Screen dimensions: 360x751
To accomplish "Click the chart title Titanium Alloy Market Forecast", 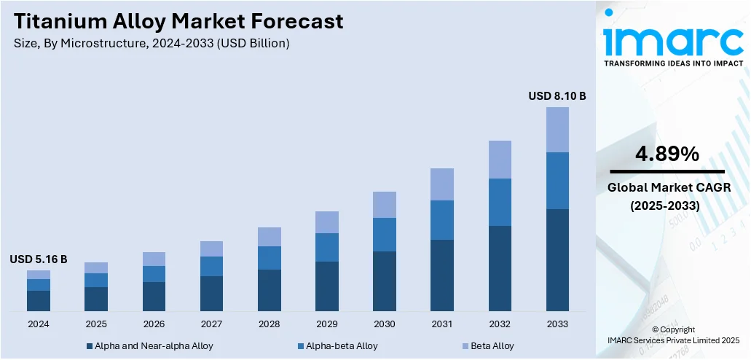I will [x=178, y=22].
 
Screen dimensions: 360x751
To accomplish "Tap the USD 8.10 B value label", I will [x=557, y=96].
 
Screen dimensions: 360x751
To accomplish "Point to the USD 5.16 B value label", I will [x=39, y=259].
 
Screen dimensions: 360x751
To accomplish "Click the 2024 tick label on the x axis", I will [x=39, y=324].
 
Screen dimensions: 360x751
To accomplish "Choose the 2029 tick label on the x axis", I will [x=327, y=324].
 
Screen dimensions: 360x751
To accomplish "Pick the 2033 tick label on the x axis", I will [x=557, y=324].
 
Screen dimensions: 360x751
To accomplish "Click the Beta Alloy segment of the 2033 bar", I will [x=557, y=130].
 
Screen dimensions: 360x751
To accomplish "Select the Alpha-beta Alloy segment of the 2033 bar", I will [x=557, y=181].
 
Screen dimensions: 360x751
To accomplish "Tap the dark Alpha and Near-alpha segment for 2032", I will [x=500, y=268].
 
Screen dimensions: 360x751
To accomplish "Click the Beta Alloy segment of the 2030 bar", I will [x=385, y=205].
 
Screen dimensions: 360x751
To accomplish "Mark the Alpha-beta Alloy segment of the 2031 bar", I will [x=442, y=220].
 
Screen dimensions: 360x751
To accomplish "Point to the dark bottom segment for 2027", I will [x=211, y=294].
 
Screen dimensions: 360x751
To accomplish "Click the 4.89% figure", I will [x=667, y=154].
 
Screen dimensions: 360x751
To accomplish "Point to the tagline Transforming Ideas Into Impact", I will [x=674, y=63].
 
